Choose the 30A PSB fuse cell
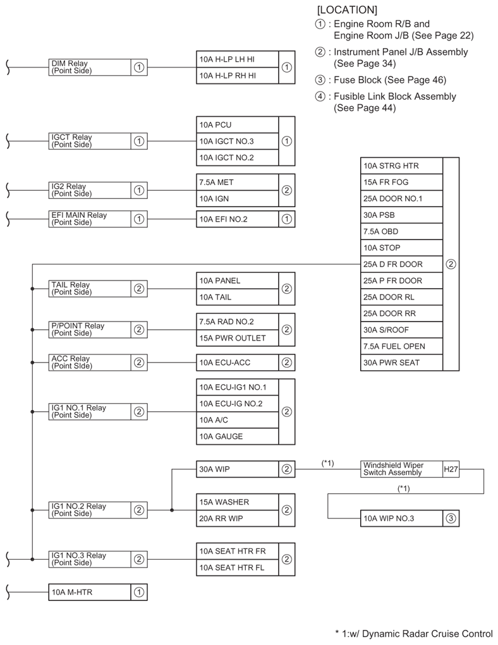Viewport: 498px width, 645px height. [x=401, y=215]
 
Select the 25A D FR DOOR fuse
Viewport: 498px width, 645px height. [x=401, y=264]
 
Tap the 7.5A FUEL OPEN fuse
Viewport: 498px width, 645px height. [x=401, y=346]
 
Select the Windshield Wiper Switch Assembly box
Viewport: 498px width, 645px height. [x=401, y=469]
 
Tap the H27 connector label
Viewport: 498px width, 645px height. [x=451, y=469]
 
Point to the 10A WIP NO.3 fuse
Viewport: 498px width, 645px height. [x=401, y=518]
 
